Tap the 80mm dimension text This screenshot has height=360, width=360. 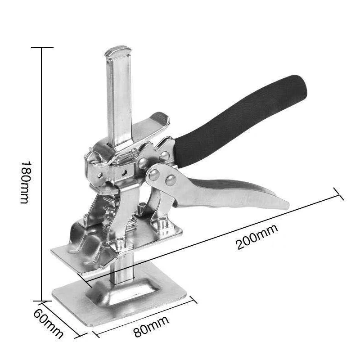[x=151, y=327]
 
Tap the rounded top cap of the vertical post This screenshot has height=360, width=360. [x=118, y=51]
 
